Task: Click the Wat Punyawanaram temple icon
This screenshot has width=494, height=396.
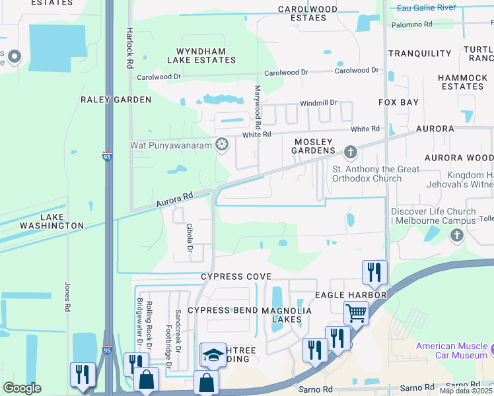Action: pyautogui.click(x=223, y=144)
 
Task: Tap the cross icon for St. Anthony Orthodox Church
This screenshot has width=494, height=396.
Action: pyautogui.click(x=350, y=153)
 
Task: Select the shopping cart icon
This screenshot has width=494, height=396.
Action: pyautogui.click(x=356, y=313)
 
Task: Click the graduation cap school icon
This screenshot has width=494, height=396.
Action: pyautogui.click(x=213, y=355)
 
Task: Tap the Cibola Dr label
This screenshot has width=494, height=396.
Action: pyautogui.click(x=189, y=238)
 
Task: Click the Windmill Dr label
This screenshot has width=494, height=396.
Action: pyautogui.click(x=318, y=103)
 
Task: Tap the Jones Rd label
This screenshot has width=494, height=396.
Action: pyautogui.click(x=67, y=297)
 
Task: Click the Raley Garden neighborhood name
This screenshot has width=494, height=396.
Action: pyautogui.click(x=116, y=100)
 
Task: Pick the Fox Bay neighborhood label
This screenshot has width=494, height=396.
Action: pyautogui.click(x=398, y=102)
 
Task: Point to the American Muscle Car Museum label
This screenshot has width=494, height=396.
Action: pyautogui.click(x=452, y=350)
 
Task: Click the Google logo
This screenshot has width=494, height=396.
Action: pyautogui.click(x=22, y=388)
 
